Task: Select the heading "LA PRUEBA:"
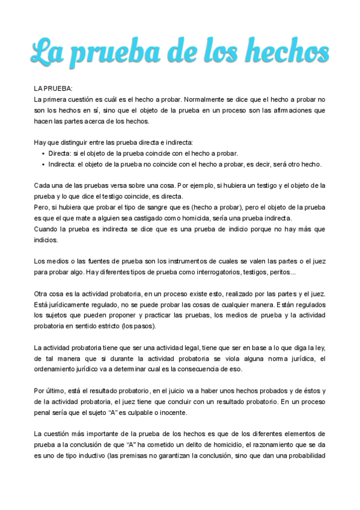(53, 88)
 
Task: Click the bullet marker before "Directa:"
(43, 153)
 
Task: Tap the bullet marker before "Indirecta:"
(43, 164)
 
